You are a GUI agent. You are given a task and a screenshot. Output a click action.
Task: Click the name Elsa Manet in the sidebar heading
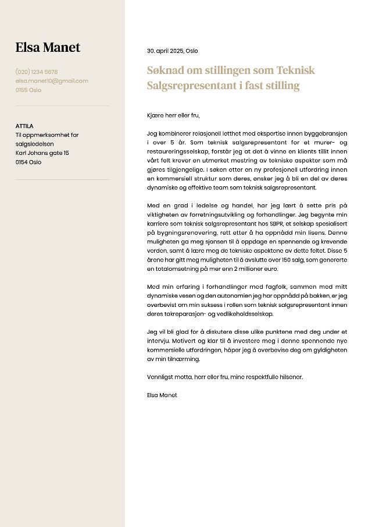(48, 48)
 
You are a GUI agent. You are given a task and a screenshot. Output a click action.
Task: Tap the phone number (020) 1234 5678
(37, 72)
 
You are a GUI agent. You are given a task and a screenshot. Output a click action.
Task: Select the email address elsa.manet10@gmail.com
(52, 81)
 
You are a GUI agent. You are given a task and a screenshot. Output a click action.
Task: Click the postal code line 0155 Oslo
(28, 90)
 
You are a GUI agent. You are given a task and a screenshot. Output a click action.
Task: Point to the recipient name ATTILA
(24, 126)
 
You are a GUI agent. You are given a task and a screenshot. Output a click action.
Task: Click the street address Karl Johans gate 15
(42, 153)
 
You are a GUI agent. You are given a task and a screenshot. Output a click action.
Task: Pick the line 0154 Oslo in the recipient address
(28, 162)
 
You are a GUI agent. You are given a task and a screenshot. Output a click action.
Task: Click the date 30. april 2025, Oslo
(172, 51)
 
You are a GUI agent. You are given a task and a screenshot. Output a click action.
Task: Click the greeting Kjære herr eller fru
(173, 116)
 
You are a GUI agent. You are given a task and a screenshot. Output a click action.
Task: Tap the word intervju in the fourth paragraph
(158, 341)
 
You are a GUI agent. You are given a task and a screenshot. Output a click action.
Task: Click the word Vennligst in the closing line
(161, 377)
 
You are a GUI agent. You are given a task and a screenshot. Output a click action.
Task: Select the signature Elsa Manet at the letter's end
(162, 395)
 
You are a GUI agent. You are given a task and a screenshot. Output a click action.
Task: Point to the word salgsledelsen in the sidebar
(34, 144)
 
